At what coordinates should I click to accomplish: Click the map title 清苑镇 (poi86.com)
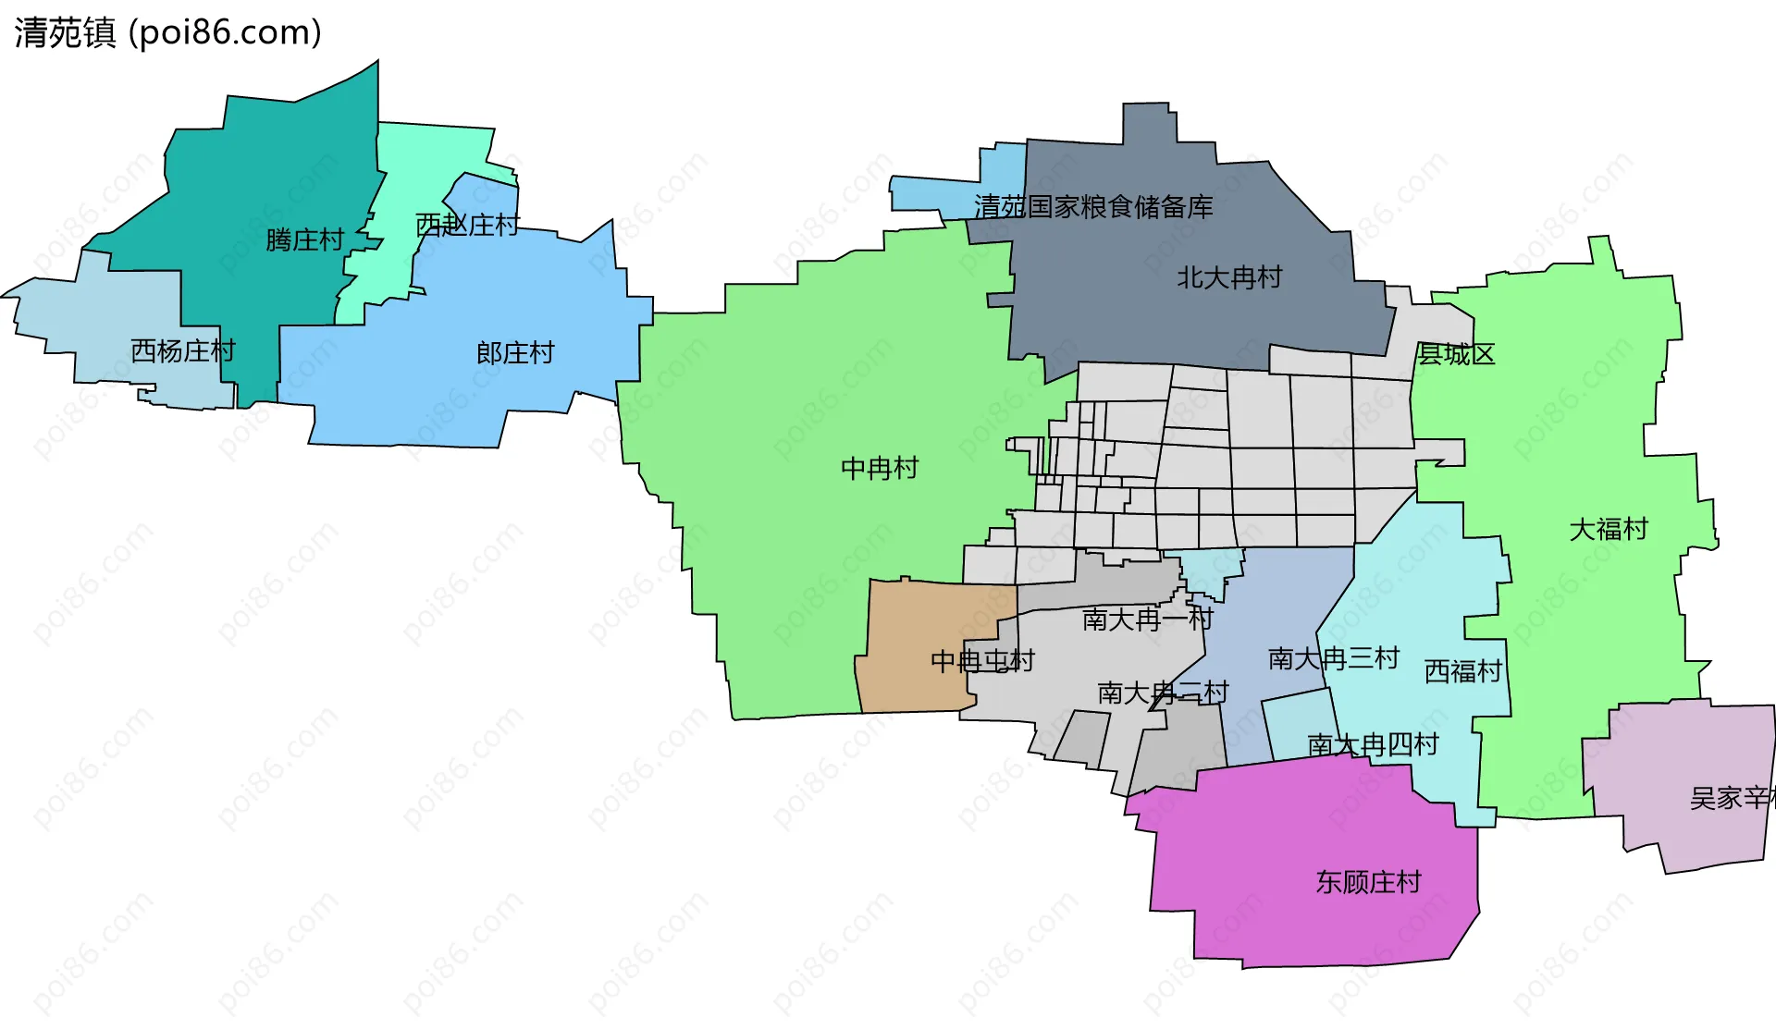click(167, 32)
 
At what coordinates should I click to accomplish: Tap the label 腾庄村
click(304, 240)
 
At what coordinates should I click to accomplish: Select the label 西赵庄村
click(467, 225)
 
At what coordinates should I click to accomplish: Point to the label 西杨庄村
click(183, 351)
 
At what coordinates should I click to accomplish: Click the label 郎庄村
click(515, 353)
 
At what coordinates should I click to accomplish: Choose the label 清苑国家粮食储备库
click(1093, 207)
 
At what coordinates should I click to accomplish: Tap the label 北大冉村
click(1229, 277)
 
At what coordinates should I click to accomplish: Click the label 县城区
click(1456, 354)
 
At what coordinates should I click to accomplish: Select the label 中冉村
click(880, 469)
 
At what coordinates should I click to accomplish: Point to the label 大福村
click(1609, 530)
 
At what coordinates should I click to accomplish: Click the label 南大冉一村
click(1147, 619)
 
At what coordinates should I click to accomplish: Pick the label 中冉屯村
click(982, 661)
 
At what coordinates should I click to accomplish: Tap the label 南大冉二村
click(1163, 693)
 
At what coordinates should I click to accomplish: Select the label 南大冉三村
click(1334, 658)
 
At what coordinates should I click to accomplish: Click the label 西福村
click(1462, 671)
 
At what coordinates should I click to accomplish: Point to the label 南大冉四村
click(1373, 744)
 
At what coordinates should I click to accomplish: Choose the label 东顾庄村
click(1368, 882)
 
